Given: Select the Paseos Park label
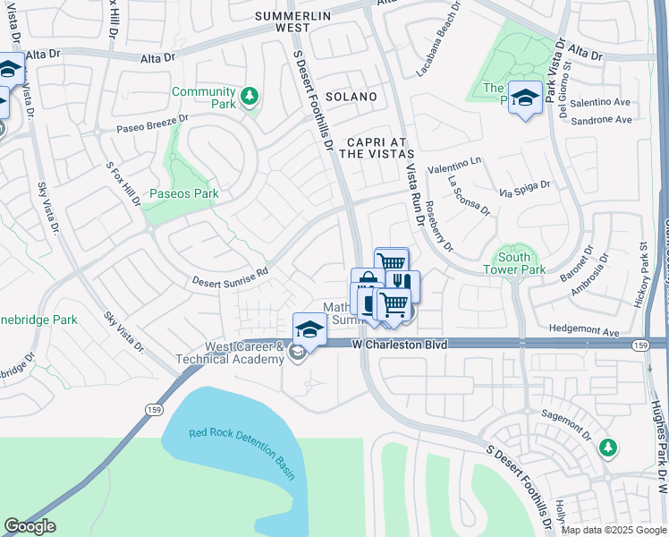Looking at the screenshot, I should [x=184, y=192].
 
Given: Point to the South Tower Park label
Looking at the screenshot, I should [x=514, y=263].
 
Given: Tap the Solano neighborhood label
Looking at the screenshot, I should [x=351, y=96].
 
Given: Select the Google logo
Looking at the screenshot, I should [x=30, y=527].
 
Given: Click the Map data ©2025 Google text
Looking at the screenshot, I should [x=613, y=530].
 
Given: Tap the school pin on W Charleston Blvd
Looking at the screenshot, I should [x=309, y=329].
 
